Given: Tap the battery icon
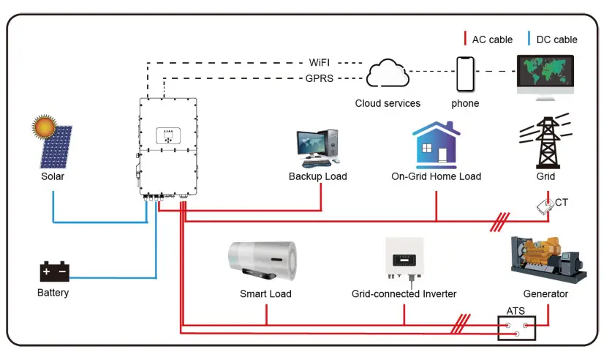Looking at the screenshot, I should click(53, 271).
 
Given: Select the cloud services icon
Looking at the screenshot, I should click(388, 74).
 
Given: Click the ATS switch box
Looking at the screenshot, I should click(516, 329).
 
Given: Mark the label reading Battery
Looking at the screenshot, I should click(53, 293).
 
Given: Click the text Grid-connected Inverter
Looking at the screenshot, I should click(404, 293).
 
